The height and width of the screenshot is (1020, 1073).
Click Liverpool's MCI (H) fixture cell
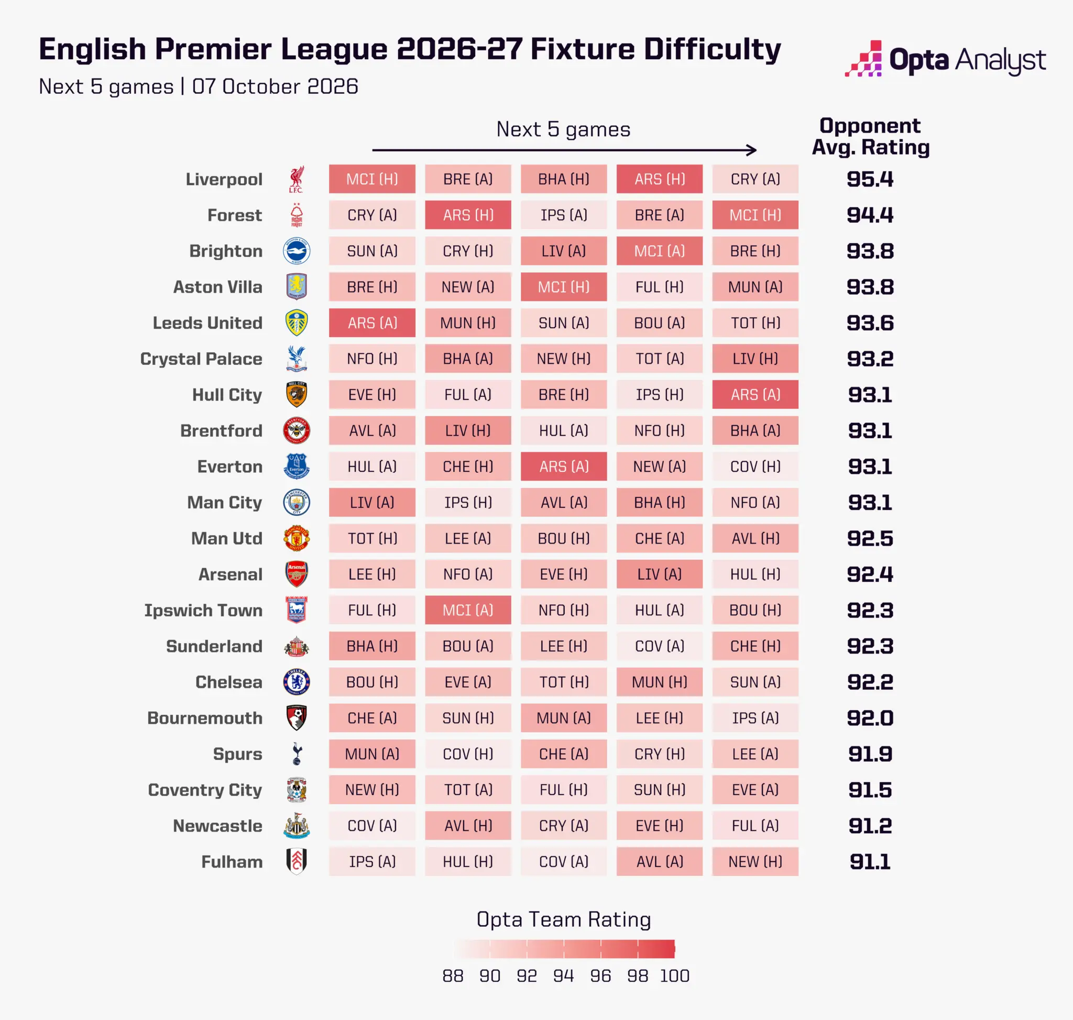(x=372, y=179)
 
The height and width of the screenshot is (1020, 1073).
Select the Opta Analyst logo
(x=945, y=59)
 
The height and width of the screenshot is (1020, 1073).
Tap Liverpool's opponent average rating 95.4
(x=870, y=179)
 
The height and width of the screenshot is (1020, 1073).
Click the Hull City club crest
(x=296, y=394)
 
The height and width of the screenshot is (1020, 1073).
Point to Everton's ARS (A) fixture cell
(x=564, y=466)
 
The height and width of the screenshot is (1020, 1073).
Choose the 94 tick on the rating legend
(x=564, y=975)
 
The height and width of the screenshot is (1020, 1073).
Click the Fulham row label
(x=232, y=862)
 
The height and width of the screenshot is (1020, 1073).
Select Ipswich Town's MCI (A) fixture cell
(x=468, y=610)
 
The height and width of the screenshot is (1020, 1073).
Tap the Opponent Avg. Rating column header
(x=870, y=136)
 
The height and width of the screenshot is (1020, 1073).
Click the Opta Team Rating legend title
(x=564, y=919)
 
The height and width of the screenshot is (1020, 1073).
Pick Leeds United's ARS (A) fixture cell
(x=372, y=322)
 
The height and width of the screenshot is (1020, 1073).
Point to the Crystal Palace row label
(x=201, y=359)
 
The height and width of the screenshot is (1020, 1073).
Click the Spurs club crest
(x=297, y=754)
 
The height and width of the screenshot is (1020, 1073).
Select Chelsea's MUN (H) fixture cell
(x=659, y=682)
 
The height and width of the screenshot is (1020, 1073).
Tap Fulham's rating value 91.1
(x=870, y=862)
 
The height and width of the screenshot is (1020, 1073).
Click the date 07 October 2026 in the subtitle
(x=275, y=86)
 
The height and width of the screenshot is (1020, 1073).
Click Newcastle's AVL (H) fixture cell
(x=468, y=826)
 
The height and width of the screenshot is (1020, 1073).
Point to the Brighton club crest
(x=297, y=251)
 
